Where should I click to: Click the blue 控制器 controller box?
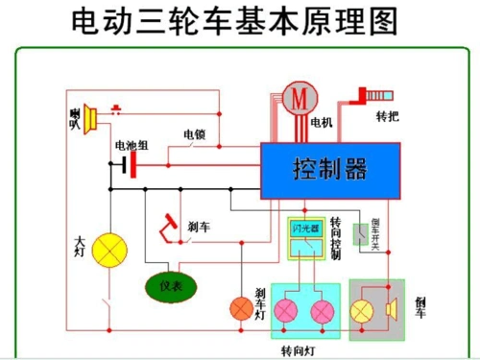coord(330,171)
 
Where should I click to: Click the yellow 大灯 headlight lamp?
coord(114,250)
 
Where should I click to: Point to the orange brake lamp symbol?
coord(239,309)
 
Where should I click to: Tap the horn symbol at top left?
coord(88,117)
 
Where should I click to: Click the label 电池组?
coord(132,146)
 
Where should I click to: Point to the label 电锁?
coord(195,134)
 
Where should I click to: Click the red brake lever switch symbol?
coord(169,227)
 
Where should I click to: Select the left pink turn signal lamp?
coord(287,311)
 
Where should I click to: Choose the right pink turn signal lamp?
coord(323,311)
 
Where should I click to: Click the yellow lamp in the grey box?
coord(363,309)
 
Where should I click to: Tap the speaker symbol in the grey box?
coord(391,309)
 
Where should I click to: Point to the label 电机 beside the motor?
coord(322,123)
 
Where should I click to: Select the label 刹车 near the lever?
coord(199,227)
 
